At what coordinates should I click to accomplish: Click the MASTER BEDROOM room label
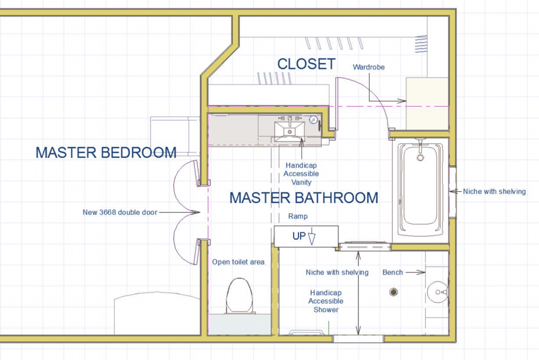pyautogui.click(x=106, y=153)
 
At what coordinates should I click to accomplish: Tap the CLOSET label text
pyautogui.click(x=306, y=64)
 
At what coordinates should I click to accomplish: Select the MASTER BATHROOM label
pyautogui.click(x=304, y=198)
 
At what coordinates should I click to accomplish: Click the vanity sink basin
pyautogui.click(x=289, y=130)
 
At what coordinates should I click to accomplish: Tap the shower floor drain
pyautogui.click(x=393, y=292)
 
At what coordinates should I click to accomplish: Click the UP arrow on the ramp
pyautogui.click(x=312, y=237)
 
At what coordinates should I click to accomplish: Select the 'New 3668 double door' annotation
pyautogui.click(x=119, y=212)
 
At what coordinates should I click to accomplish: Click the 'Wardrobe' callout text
pyautogui.click(x=369, y=67)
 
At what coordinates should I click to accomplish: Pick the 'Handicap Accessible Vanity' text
pyautogui.click(x=301, y=174)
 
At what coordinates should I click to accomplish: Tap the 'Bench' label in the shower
pyautogui.click(x=393, y=272)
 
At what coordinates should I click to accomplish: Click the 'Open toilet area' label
pyautogui.click(x=238, y=262)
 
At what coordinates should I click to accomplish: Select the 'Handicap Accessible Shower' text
pyautogui.click(x=326, y=301)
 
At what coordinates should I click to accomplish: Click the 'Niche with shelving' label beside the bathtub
pyautogui.click(x=494, y=191)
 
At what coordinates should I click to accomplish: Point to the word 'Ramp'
pyautogui.click(x=298, y=217)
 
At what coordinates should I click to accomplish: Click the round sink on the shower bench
pyautogui.click(x=437, y=292)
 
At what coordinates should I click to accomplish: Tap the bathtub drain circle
pyautogui.click(x=421, y=158)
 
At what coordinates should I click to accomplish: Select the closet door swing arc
pyautogui.click(x=375, y=96)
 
